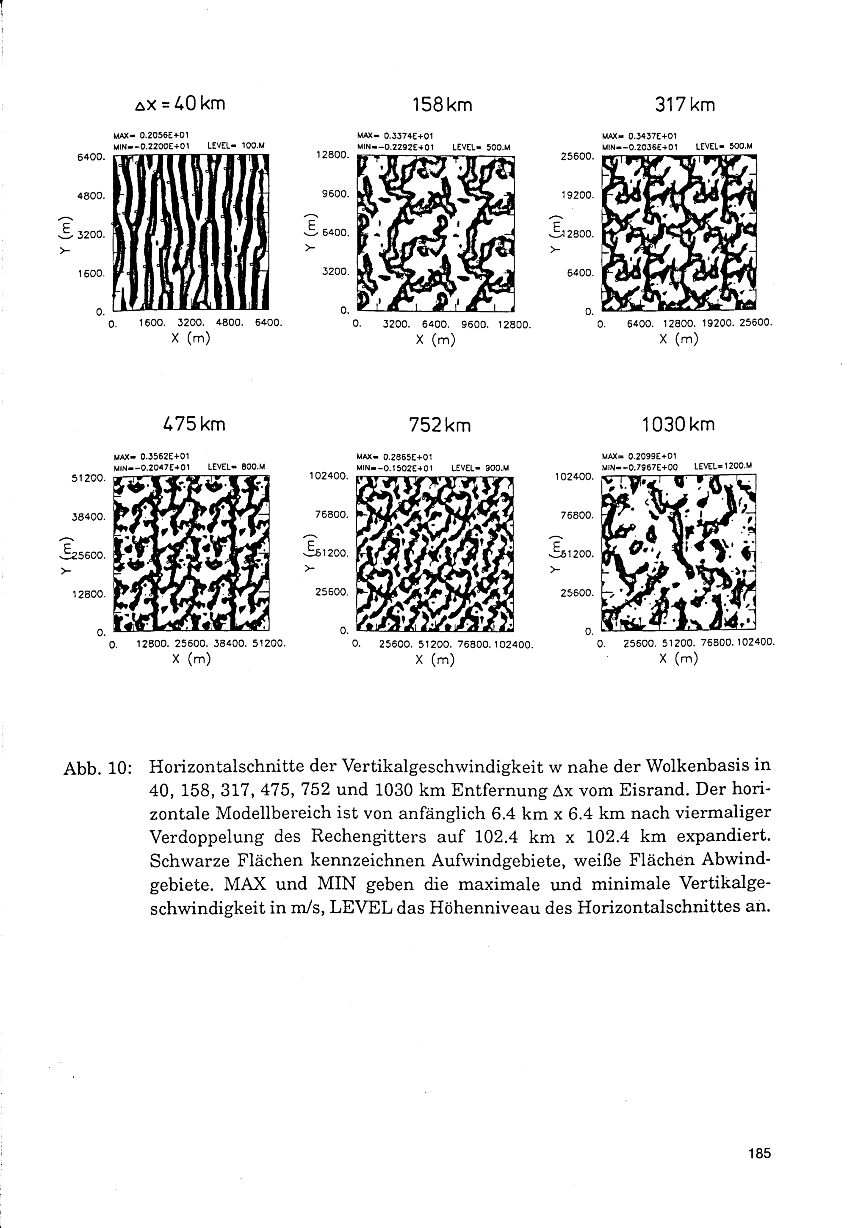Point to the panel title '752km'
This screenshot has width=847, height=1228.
440,425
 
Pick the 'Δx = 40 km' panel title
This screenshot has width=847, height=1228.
180,103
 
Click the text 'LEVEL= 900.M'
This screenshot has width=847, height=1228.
480,468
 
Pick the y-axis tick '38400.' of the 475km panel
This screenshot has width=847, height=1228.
89,516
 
